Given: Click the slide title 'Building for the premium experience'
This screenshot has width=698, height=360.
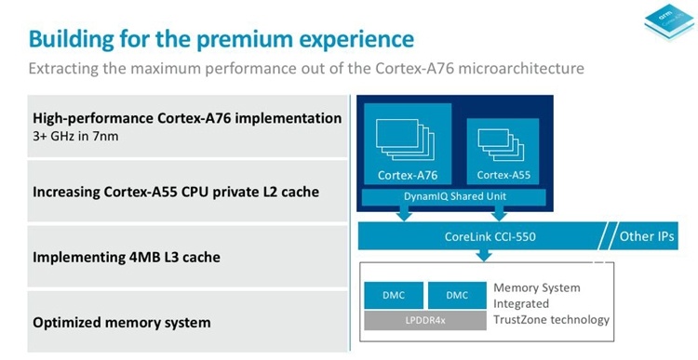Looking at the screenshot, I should (221, 39).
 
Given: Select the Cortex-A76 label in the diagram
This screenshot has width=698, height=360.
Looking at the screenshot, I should (407, 175).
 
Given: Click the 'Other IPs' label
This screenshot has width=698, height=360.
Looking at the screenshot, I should (648, 236).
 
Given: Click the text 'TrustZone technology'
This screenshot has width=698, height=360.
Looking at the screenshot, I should (550, 319).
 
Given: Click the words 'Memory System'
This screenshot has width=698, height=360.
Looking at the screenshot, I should (535, 288).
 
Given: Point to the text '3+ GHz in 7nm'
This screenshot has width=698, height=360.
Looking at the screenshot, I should (74, 136).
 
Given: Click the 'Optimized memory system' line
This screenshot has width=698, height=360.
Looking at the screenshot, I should (121, 323).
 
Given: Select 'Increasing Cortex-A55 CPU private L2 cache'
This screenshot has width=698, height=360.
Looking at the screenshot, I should (176, 193).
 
